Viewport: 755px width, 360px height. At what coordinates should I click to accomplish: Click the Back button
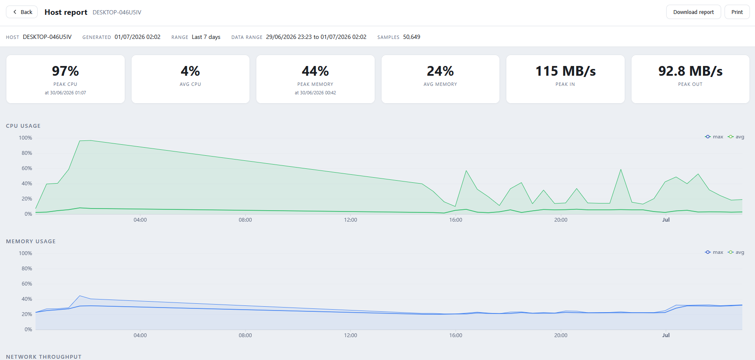(x=22, y=12)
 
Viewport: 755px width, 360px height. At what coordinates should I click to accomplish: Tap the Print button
(x=737, y=12)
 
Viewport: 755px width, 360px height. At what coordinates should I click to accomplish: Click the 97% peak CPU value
(x=66, y=71)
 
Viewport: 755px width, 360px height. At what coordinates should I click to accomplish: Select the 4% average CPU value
(x=190, y=71)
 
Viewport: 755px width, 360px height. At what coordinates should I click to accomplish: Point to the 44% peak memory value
(x=316, y=71)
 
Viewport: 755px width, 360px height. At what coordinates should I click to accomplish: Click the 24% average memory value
(x=440, y=71)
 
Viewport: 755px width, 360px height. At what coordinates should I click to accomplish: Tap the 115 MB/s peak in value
(x=566, y=71)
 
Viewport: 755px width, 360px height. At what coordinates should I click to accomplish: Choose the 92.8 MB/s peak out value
(x=690, y=71)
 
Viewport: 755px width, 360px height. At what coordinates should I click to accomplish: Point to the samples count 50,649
(x=412, y=37)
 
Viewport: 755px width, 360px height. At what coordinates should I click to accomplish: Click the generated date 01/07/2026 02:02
(x=137, y=37)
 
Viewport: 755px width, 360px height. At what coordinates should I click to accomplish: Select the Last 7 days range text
(x=206, y=37)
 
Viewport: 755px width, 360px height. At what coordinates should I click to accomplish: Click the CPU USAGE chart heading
(x=23, y=126)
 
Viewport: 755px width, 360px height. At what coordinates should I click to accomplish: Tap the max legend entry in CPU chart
(x=714, y=137)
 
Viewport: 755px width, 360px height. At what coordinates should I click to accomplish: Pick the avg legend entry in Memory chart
(x=736, y=252)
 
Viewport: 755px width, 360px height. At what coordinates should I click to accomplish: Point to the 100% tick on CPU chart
(x=25, y=138)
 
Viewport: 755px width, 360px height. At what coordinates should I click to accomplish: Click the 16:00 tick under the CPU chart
(x=456, y=220)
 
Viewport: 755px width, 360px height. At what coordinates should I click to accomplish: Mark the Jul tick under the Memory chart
(x=666, y=335)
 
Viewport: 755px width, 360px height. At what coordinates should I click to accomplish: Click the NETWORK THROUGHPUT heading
(x=44, y=357)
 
